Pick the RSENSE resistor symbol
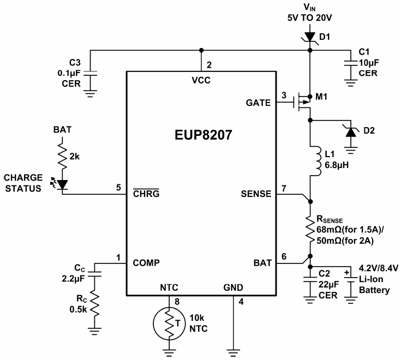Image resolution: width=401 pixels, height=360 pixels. [310, 231]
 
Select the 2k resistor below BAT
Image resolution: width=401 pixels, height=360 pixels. [62, 159]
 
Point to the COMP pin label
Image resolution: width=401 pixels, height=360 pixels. [147, 262]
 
